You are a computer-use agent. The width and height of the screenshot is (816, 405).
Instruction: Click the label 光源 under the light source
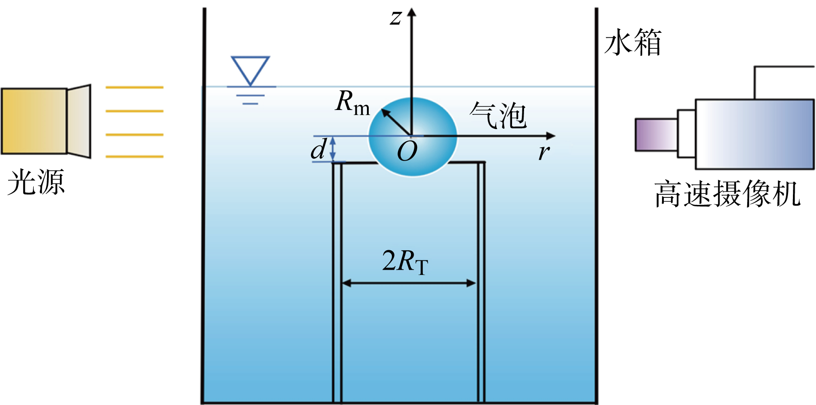tap(36, 182)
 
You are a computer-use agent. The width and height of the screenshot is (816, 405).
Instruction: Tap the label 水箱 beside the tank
tap(633, 43)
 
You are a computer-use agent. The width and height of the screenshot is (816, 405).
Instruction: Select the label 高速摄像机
tap(727, 194)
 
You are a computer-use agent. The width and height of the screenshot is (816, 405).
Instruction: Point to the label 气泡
tap(498, 115)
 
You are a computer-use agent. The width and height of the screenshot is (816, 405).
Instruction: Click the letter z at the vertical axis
tap(395, 18)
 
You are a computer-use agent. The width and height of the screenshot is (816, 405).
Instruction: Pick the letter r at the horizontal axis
tap(544, 152)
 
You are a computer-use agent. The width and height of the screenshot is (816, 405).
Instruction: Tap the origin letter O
tap(407, 152)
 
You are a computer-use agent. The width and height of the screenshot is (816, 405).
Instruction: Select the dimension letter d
tap(319, 149)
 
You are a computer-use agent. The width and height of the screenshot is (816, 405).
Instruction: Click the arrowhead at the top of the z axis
tap(412, 12)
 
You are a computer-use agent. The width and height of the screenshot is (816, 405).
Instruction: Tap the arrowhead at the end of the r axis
tap(551, 136)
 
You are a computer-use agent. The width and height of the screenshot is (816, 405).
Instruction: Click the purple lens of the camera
tap(656, 134)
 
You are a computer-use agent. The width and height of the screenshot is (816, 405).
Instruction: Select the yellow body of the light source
tap(34, 121)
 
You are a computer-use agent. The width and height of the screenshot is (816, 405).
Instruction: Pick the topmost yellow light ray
tap(134, 87)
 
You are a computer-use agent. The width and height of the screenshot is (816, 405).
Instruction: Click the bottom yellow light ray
tap(134, 157)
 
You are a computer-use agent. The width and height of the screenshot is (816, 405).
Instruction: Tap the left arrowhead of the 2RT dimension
tap(347, 283)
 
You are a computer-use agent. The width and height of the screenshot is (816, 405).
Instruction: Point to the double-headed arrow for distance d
tap(333, 149)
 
